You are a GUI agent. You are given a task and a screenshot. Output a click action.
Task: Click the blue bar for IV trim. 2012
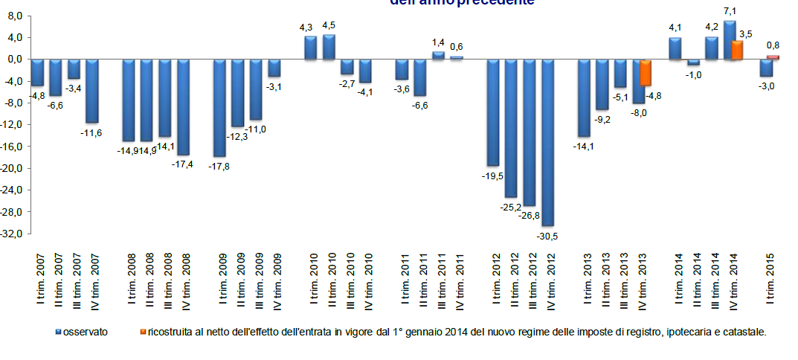point(547,142)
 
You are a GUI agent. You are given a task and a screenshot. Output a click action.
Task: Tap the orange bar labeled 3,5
point(737,50)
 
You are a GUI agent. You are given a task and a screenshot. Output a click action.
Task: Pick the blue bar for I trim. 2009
point(219,108)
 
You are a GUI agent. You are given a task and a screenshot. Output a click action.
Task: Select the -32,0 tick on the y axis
point(15,234)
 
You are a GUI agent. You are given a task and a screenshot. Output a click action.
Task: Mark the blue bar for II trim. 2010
point(329,47)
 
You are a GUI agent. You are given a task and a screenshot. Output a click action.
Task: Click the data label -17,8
point(220,167)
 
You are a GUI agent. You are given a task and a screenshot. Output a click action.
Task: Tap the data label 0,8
point(774,45)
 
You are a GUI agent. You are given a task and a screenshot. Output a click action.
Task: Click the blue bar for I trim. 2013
point(584,98)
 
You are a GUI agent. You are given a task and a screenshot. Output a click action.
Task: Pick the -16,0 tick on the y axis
point(15,147)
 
